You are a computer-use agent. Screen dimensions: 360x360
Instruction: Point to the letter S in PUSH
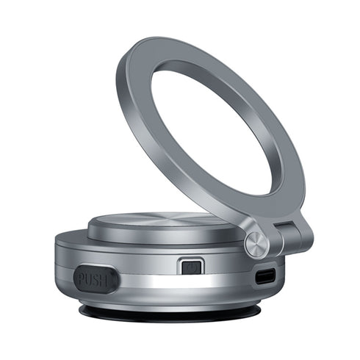tap(96, 281)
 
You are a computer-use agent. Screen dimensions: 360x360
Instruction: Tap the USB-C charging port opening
tap(265, 276)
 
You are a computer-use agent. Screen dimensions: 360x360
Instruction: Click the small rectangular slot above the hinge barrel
tap(284, 224)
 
